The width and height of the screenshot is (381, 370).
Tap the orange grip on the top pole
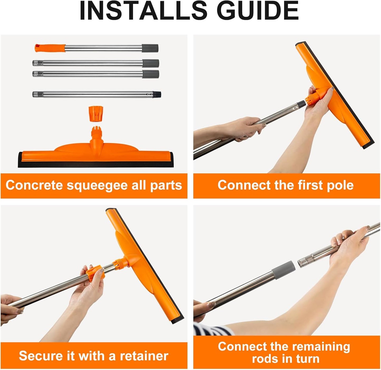(x=50, y=48)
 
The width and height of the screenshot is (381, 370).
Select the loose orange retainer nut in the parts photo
(x=95, y=114)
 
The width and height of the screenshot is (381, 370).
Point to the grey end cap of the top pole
(x=150, y=48)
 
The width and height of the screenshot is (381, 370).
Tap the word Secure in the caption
(x=40, y=356)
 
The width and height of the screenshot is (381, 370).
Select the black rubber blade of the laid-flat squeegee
(x=95, y=164)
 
